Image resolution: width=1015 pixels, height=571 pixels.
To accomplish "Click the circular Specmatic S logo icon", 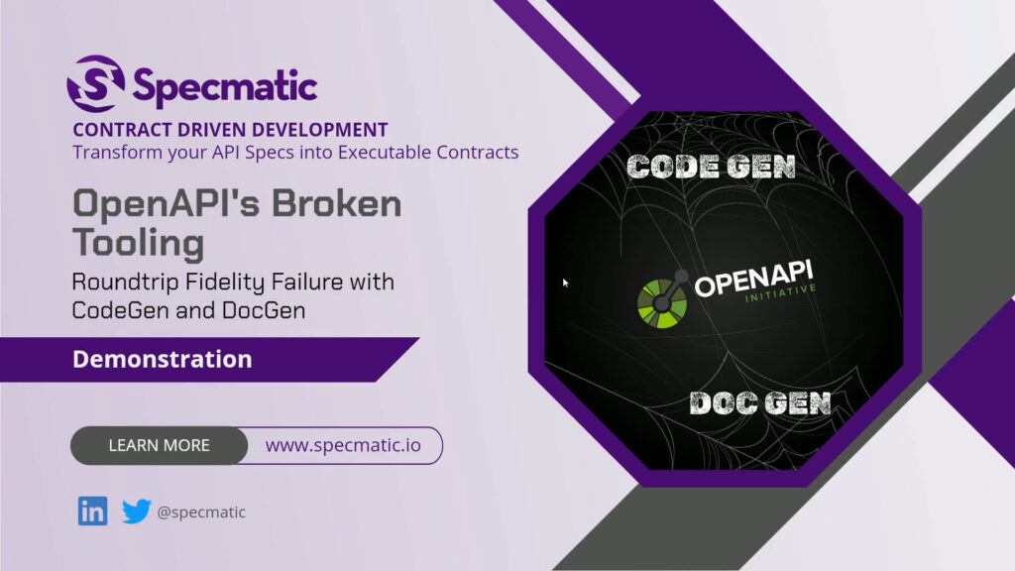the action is (96, 83).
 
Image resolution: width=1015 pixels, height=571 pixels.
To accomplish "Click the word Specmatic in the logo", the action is (225, 87).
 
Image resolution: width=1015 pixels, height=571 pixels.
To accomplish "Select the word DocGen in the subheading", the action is (264, 310).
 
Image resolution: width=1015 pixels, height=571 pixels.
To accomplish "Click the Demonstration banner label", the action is (162, 359).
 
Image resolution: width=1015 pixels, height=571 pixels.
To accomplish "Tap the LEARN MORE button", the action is (160, 445).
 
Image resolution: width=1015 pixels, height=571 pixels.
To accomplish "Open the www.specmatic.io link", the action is (343, 445).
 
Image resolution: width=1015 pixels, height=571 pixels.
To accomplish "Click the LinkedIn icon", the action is (92, 512).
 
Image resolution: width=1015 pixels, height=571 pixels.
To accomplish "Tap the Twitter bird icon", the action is (137, 512).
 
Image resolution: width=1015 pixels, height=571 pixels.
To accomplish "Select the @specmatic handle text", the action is (201, 513).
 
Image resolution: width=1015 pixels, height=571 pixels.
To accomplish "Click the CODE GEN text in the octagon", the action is (711, 167).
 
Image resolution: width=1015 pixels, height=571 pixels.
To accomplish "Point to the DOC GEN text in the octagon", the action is (760, 403).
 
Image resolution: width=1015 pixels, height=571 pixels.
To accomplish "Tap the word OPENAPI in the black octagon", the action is (754, 279).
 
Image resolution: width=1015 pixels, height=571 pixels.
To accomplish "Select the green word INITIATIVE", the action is (780, 293).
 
